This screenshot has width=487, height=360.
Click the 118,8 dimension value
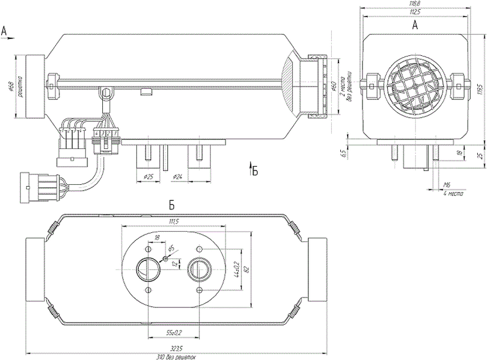415,4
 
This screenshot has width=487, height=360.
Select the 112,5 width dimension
415,12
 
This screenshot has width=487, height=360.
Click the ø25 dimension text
150,176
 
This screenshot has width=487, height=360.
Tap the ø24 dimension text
178,176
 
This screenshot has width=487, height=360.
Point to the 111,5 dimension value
174,221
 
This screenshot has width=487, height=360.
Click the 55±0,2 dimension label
174,332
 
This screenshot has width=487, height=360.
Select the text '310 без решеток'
176,357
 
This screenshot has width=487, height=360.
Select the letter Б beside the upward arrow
255,171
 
